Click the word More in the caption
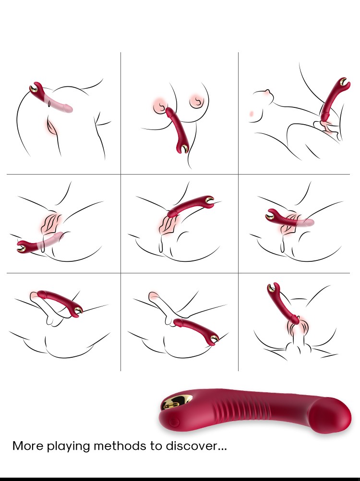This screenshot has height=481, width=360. click(28, 446)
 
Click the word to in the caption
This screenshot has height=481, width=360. click(156, 446)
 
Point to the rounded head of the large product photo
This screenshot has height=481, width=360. click(330, 416)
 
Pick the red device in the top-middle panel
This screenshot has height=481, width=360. click(178, 130)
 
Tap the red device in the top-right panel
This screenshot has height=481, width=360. click(333, 99)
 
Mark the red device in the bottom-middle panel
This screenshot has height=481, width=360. click(197, 330)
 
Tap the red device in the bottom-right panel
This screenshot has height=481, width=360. click(282, 304)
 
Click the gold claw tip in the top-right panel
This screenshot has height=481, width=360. click(344, 82)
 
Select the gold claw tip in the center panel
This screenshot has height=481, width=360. click(209, 200)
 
